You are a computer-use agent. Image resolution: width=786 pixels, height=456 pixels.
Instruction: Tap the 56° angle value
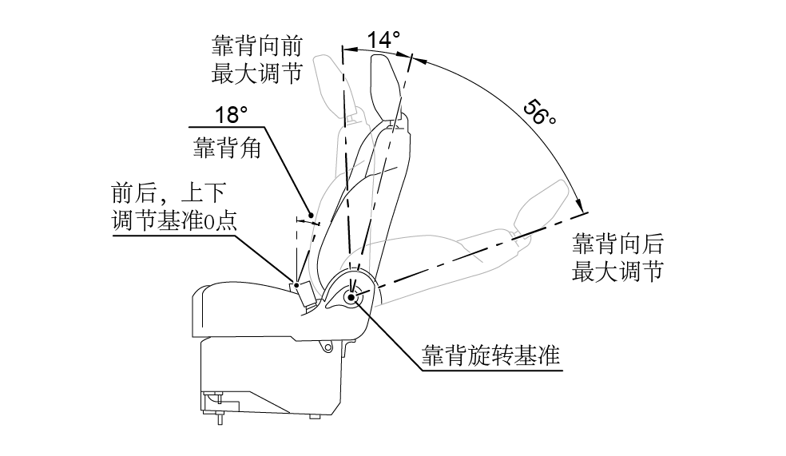(x=540, y=111)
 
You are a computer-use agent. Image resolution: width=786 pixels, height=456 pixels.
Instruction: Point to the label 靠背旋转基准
(x=491, y=355)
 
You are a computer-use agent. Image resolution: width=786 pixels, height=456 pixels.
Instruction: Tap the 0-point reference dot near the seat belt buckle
(x=296, y=284)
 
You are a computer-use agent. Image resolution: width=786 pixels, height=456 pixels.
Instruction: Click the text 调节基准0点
(x=175, y=221)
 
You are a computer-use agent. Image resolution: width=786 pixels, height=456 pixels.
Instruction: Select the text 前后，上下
(x=169, y=194)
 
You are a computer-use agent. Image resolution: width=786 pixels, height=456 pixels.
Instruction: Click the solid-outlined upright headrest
(x=387, y=84)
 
